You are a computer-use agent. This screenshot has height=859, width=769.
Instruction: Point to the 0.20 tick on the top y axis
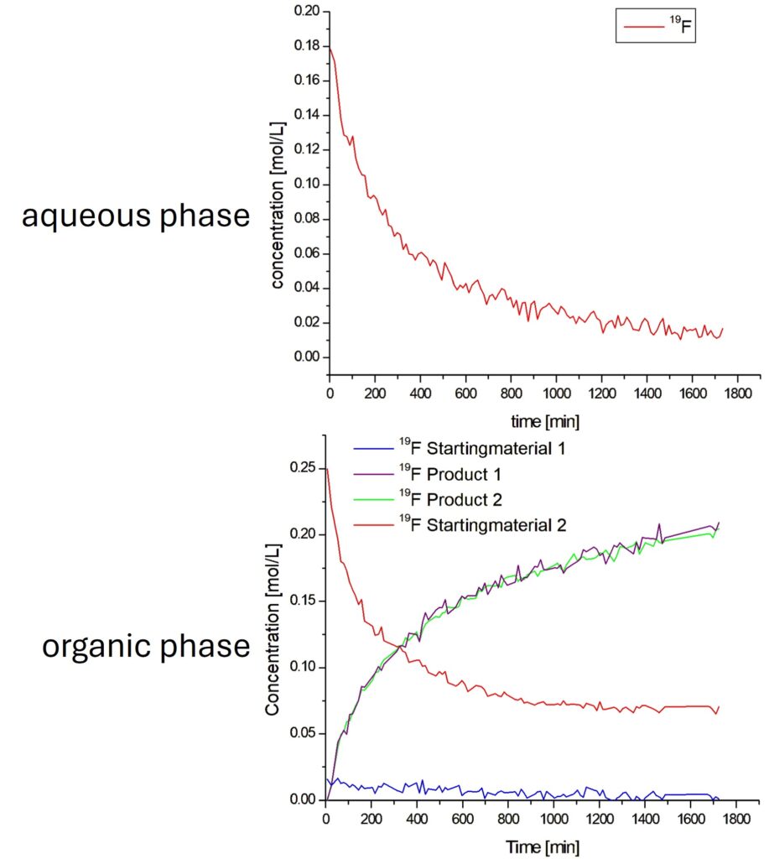[309, 12]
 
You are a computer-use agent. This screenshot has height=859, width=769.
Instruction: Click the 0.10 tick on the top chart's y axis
[309, 185]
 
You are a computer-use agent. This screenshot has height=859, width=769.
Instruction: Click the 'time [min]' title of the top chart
[545, 419]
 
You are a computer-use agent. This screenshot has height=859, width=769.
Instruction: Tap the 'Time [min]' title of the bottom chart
[543, 846]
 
